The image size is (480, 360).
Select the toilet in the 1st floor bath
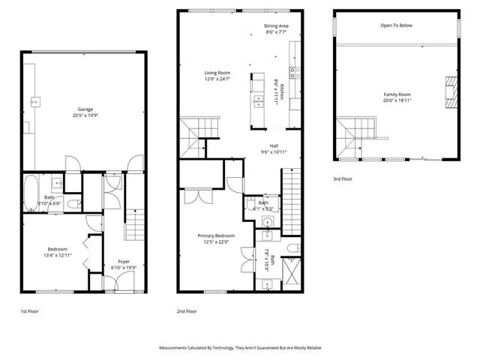(71, 203)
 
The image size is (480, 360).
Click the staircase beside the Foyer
(133, 222)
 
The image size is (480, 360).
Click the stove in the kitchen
(295, 73)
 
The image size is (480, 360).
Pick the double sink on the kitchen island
(259, 100)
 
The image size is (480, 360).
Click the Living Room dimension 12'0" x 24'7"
(217, 79)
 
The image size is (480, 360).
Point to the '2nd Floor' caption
(187, 310)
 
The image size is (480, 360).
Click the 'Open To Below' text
(396, 25)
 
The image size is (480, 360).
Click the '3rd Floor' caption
(343, 179)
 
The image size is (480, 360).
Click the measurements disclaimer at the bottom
(239, 348)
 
